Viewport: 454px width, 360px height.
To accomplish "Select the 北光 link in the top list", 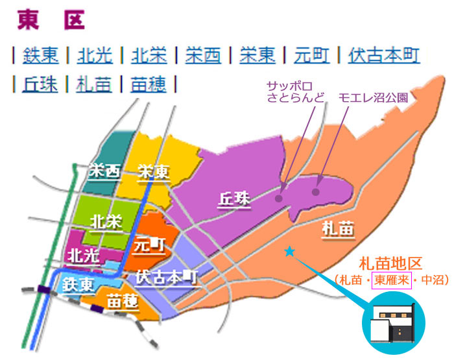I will click(x=95, y=55).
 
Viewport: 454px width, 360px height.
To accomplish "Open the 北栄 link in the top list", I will click(x=149, y=55).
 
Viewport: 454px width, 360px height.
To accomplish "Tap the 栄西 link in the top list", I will click(x=202, y=55).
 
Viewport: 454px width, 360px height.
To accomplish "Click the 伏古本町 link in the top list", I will click(x=383, y=55).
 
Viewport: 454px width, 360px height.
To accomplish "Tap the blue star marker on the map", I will click(x=289, y=251).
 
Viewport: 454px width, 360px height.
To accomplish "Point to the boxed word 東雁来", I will click(x=390, y=281).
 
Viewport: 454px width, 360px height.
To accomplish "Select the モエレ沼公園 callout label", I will click(x=373, y=98).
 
